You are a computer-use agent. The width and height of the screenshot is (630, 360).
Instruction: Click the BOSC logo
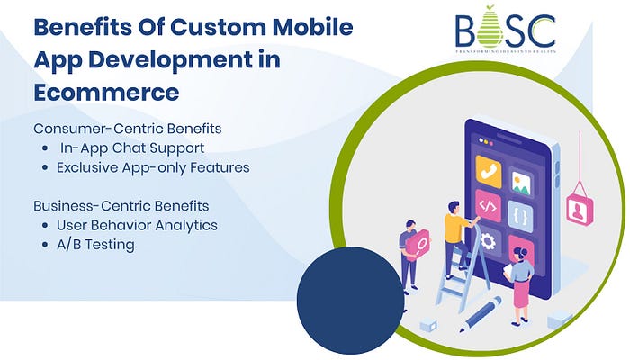(505, 31)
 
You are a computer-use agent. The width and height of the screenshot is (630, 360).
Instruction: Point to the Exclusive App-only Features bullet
(153, 167)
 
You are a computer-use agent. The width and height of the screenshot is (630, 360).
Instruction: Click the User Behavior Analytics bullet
(137, 225)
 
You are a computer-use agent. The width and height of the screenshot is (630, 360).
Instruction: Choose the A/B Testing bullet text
(95, 245)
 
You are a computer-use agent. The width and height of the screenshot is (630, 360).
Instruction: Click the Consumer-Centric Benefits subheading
(127, 128)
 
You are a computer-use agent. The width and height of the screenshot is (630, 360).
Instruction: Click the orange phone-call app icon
(490, 171)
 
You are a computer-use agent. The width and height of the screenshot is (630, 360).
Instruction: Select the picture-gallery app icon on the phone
(521, 183)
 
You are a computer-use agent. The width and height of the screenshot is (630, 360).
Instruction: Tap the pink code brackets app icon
(488, 206)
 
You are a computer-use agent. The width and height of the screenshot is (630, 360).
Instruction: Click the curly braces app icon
(521, 216)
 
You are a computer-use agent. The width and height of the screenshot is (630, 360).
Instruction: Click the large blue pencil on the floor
(479, 314)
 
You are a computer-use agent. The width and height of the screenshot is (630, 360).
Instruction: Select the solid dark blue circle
(350, 301)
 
